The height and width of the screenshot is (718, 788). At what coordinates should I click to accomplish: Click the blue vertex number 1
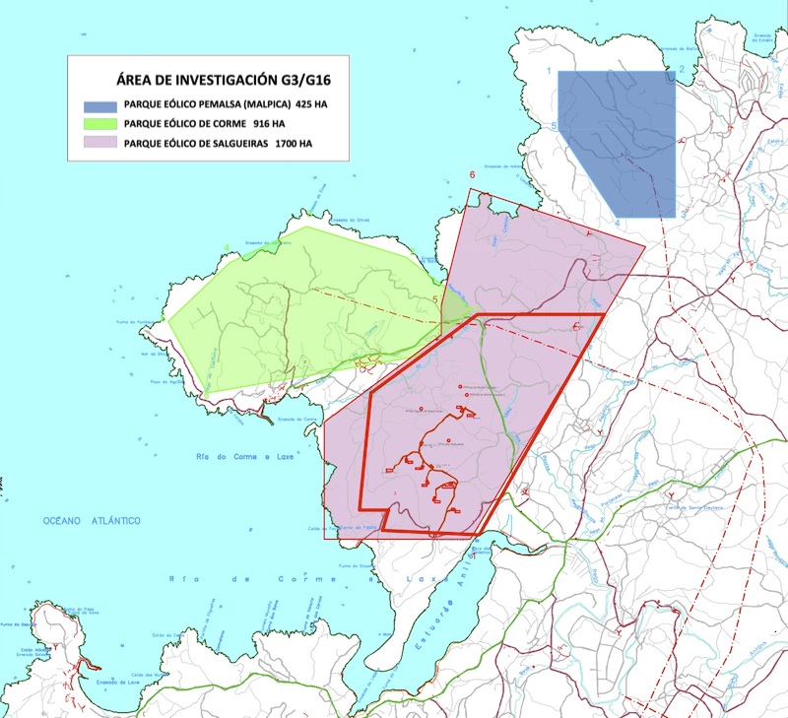pyautogui.click(x=548, y=71)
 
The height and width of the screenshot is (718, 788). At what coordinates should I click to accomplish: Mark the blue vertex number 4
pyautogui.click(x=617, y=225)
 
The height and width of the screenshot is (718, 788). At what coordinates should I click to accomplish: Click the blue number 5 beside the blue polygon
pyautogui.click(x=555, y=126)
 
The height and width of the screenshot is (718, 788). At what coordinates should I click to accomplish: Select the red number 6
pyautogui.click(x=472, y=175)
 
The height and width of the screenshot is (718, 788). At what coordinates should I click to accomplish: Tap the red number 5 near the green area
pyautogui.click(x=435, y=299)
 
